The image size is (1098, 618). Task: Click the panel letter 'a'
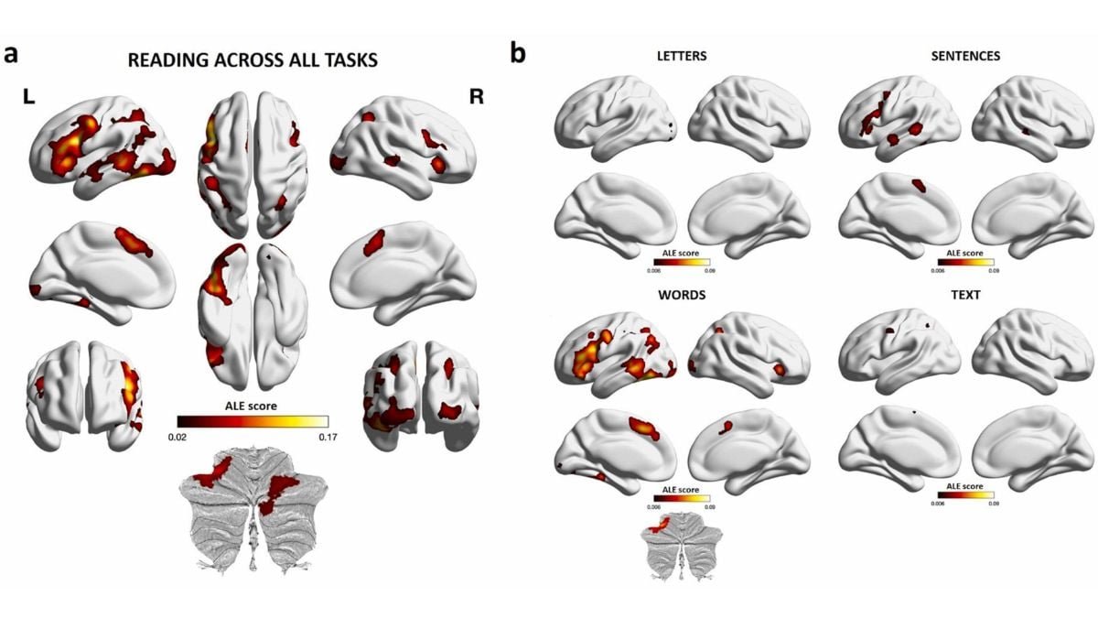[11, 54]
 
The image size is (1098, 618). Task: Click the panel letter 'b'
[518, 54]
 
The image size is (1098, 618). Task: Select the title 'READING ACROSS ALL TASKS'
[253, 61]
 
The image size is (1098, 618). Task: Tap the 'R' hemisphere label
[476, 97]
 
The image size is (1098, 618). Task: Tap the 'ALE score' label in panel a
[252, 405]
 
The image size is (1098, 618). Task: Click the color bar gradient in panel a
[252, 421]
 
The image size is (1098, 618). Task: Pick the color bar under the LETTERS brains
[682, 262]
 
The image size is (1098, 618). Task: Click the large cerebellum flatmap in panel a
[253, 508]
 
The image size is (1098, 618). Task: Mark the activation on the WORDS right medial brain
[727, 426]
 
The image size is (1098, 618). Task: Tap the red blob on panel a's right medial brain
[373, 243]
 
